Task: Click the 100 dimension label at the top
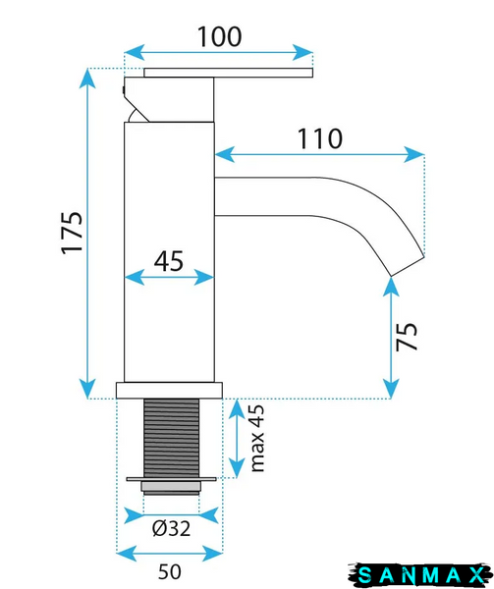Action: pos(219,37)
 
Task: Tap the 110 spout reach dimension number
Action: pos(320,138)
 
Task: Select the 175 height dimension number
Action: pos(72,234)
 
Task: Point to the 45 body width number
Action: pos(169,261)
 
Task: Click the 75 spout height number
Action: pos(407,337)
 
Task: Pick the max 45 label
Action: pos(257,438)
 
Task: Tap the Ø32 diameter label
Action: pos(171,528)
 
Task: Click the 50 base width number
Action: pos(170,571)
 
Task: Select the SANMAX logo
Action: pos(420,575)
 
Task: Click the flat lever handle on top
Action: pos(228,73)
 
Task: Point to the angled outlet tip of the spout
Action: pos(408,266)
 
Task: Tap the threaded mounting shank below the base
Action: pos(171,438)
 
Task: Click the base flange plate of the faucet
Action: pos(169,391)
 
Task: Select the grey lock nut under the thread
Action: pos(171,488)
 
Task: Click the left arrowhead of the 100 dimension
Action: pos(134,53)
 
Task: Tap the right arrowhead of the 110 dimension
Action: pos(414,154)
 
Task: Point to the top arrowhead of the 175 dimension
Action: pos(87,79)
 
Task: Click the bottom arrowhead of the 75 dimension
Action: pos(391,389)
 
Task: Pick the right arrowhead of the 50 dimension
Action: pos(213,553)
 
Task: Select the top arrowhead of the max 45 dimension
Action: pos(237,409)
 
